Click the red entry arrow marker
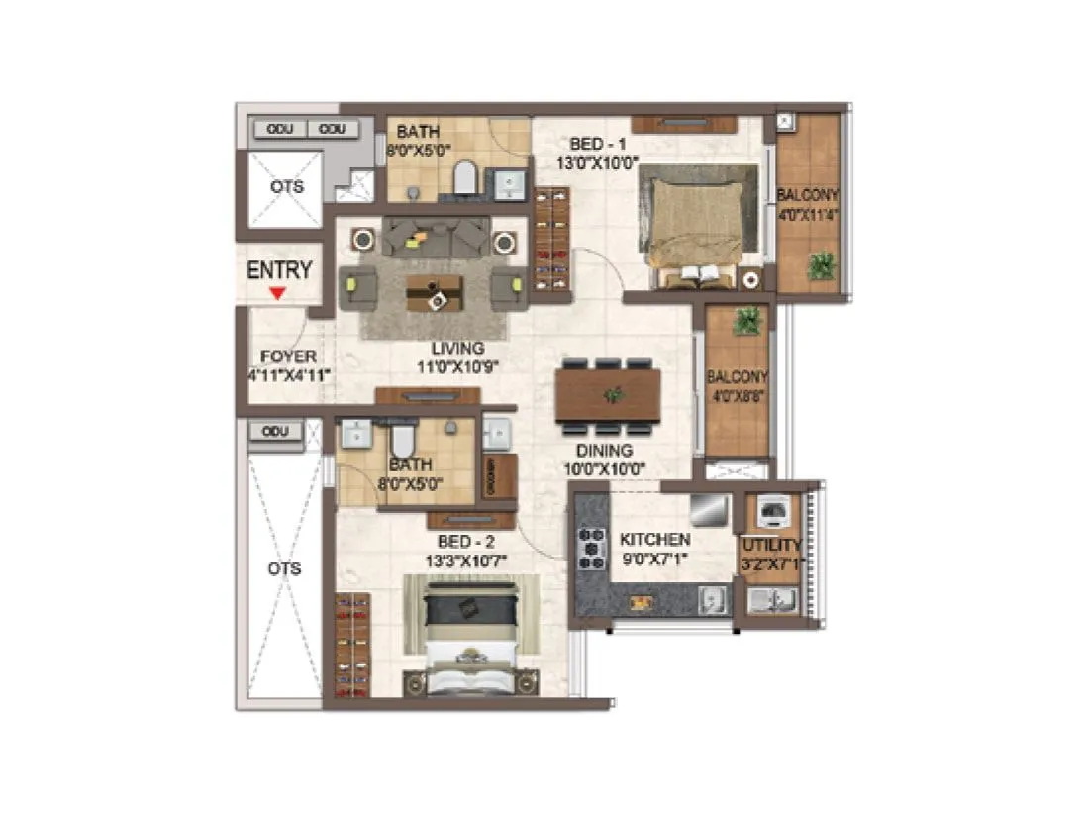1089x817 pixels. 279,293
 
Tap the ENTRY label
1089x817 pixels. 279,270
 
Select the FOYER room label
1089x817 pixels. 288,357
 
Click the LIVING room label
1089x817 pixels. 456,349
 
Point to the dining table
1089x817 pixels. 608,395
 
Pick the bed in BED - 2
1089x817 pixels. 470,634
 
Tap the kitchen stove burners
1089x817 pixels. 592,548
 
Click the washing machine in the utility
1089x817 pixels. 773,511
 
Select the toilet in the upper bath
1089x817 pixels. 465,179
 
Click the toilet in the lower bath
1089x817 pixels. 403,437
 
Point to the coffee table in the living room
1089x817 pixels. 435,291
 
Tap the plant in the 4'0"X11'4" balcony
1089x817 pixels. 821,265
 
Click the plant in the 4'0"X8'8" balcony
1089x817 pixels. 749,320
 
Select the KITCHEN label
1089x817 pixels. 654,540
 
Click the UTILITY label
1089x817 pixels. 771,546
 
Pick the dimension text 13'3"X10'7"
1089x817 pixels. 465,560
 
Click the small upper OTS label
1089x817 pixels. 286,187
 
